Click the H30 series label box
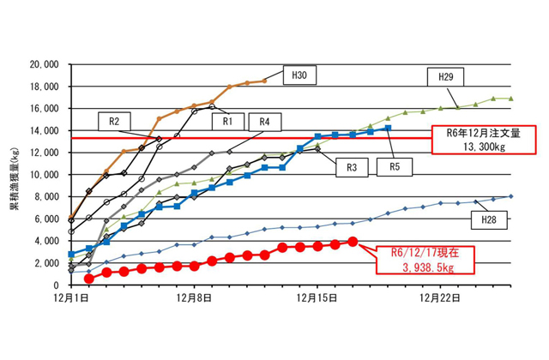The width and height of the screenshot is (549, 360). point(300,75)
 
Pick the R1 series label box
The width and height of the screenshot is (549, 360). point(228,120)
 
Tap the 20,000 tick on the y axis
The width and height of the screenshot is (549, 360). point(43,64)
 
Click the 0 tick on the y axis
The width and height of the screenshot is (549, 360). point(54,285)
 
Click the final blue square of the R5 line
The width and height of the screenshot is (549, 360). point(388,128)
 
